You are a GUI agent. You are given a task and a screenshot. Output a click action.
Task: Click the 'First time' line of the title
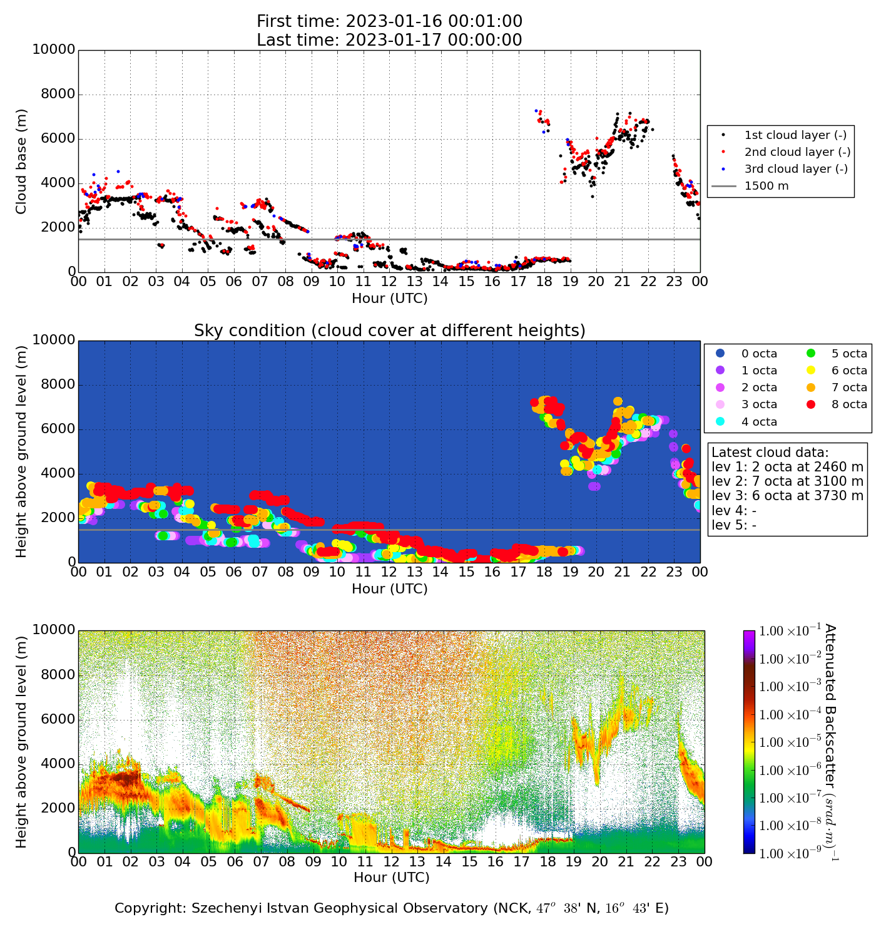(389, 22)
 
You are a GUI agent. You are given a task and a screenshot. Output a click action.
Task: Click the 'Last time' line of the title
(389, 40)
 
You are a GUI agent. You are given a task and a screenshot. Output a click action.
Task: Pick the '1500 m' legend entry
(766, 186)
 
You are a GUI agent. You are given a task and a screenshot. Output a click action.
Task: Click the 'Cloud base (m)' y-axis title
(22, 162)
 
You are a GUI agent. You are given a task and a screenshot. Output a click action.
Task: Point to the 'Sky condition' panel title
(389, 331)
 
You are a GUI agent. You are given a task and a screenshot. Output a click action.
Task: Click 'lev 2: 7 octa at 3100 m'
(787, 481)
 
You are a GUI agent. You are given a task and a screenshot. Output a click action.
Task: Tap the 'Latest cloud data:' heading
(770, 453)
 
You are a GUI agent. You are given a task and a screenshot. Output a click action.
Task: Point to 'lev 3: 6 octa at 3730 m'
(787, 496)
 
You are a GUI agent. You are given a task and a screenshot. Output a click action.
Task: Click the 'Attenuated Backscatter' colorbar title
(830, 742)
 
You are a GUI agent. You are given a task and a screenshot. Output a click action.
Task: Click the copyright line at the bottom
(392, 908)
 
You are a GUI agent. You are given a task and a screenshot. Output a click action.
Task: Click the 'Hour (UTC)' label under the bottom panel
(392, 878)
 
